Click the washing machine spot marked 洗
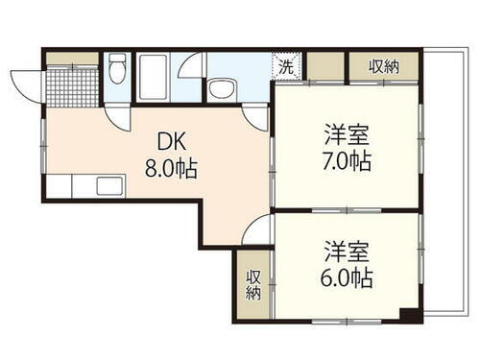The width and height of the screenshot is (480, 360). [287, 66]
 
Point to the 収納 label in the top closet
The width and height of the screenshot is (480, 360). [384, 65]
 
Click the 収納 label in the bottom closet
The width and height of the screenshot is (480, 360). [253, 285]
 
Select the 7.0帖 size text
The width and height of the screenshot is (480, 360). [348, 159]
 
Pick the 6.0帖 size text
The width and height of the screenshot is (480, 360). [348, 279]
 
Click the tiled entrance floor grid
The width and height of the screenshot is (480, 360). [73, 87]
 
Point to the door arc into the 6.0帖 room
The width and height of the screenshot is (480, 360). [259, 230]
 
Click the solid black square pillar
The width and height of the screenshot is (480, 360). [408, 314]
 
